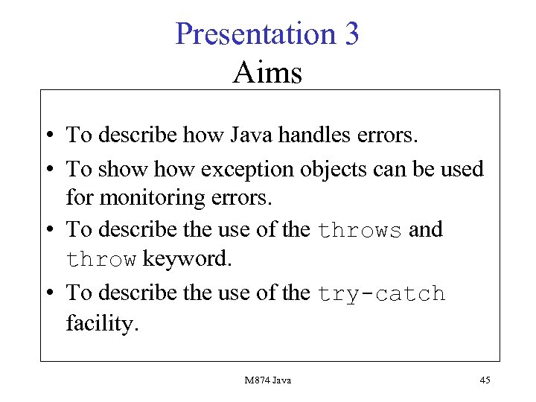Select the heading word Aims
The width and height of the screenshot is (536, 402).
(267, 73)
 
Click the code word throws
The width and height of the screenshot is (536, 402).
(360, 230)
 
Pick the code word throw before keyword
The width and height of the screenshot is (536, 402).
(101, 260)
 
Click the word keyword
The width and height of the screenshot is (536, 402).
(187, 259)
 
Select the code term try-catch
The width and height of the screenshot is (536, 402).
(381, 294)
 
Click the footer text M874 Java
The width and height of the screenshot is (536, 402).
(268, 380)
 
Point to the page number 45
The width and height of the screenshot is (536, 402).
(485, 380)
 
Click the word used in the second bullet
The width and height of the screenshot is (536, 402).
(464, 169)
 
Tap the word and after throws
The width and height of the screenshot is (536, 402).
(426, 229)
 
